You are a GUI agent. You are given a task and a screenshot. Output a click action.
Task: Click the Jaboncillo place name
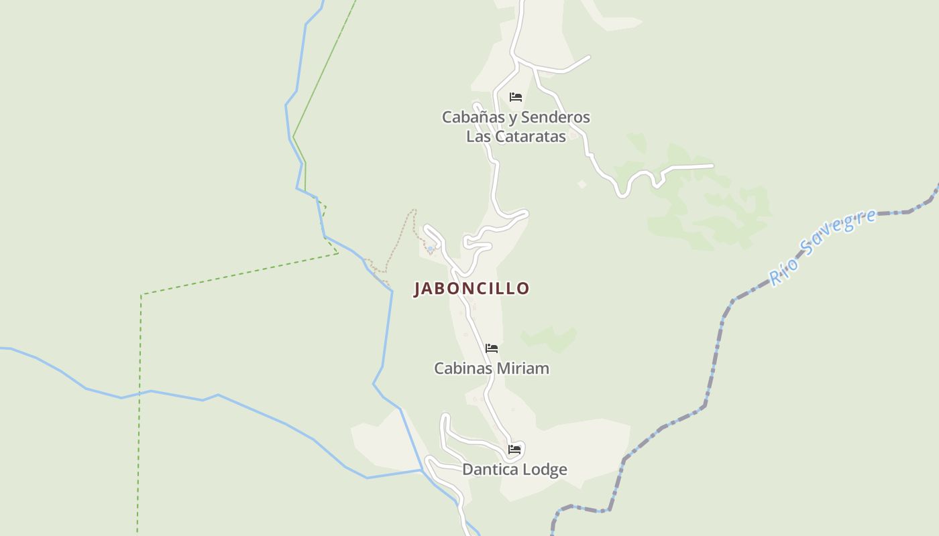pos(472,289)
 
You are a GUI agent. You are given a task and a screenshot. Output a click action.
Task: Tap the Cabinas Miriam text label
pos(492,368)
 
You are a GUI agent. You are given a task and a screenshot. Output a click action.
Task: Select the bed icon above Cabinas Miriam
pos(492,348)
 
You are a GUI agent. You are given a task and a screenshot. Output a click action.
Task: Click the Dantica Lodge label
pos(514,470)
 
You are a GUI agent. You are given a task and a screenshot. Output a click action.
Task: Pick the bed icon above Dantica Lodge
pos(514,449)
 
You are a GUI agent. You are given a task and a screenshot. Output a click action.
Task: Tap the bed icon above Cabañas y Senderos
pos(516,97)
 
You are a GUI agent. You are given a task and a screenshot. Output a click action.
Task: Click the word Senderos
pos(555,117)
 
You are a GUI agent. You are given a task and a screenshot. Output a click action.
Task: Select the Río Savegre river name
pos(822,247)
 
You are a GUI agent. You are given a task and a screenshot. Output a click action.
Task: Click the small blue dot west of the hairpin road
pos(430,249)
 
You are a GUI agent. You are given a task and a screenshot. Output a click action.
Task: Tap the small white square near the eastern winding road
pos(582,184)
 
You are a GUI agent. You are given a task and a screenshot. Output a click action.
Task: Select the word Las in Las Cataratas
pos(478,136)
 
